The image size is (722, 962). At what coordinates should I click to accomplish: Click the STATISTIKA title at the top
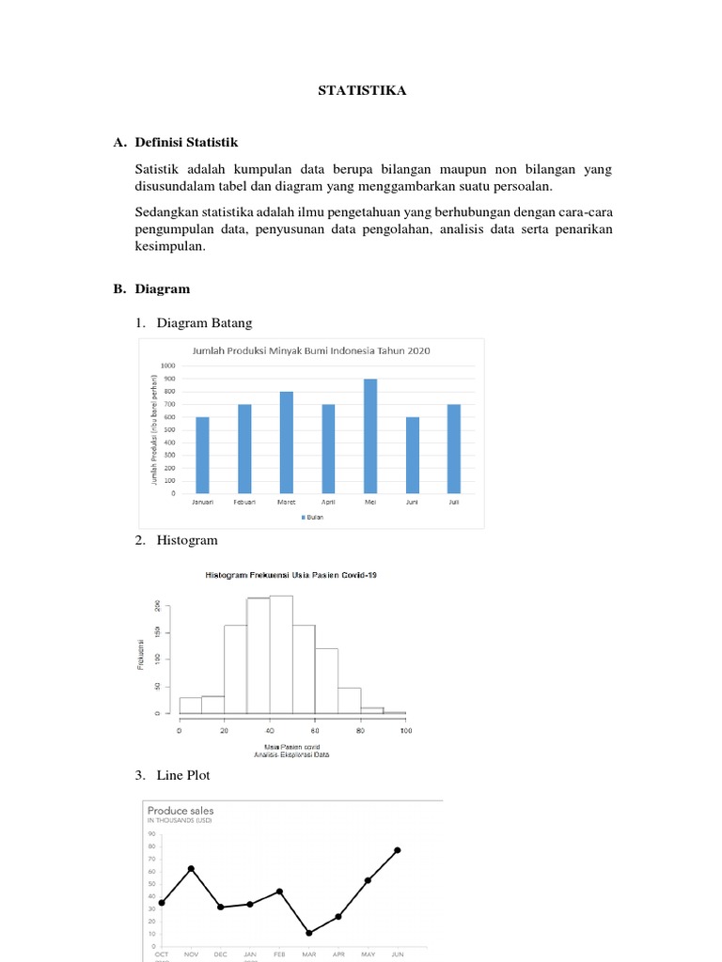[x=362, y=90]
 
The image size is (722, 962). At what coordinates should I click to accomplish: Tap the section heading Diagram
[x=162, y=289]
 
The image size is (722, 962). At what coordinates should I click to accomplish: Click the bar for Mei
[x=370, y=436]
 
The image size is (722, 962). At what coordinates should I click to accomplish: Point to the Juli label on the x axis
[x=454, y=503]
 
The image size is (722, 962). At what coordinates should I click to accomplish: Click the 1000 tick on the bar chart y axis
[x=167, y=365]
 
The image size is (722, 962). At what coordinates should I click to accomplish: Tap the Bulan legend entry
[x=312, y=518]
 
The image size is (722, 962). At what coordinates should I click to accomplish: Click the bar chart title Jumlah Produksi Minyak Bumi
[x=311, y=350]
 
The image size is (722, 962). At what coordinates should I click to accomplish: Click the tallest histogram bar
[x=280, y=654]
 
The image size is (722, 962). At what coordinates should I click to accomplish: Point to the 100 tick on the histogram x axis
[x=405, y=730]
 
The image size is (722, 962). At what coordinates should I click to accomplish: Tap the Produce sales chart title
[x=180, y=810]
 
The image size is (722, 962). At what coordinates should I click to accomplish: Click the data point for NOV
[x=191, y=869]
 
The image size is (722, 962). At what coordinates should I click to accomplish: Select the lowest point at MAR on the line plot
[x=309, y=933]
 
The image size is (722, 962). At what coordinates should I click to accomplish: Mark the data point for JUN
[x=397, y=850]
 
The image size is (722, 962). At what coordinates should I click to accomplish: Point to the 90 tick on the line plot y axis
[x=150, y=833]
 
